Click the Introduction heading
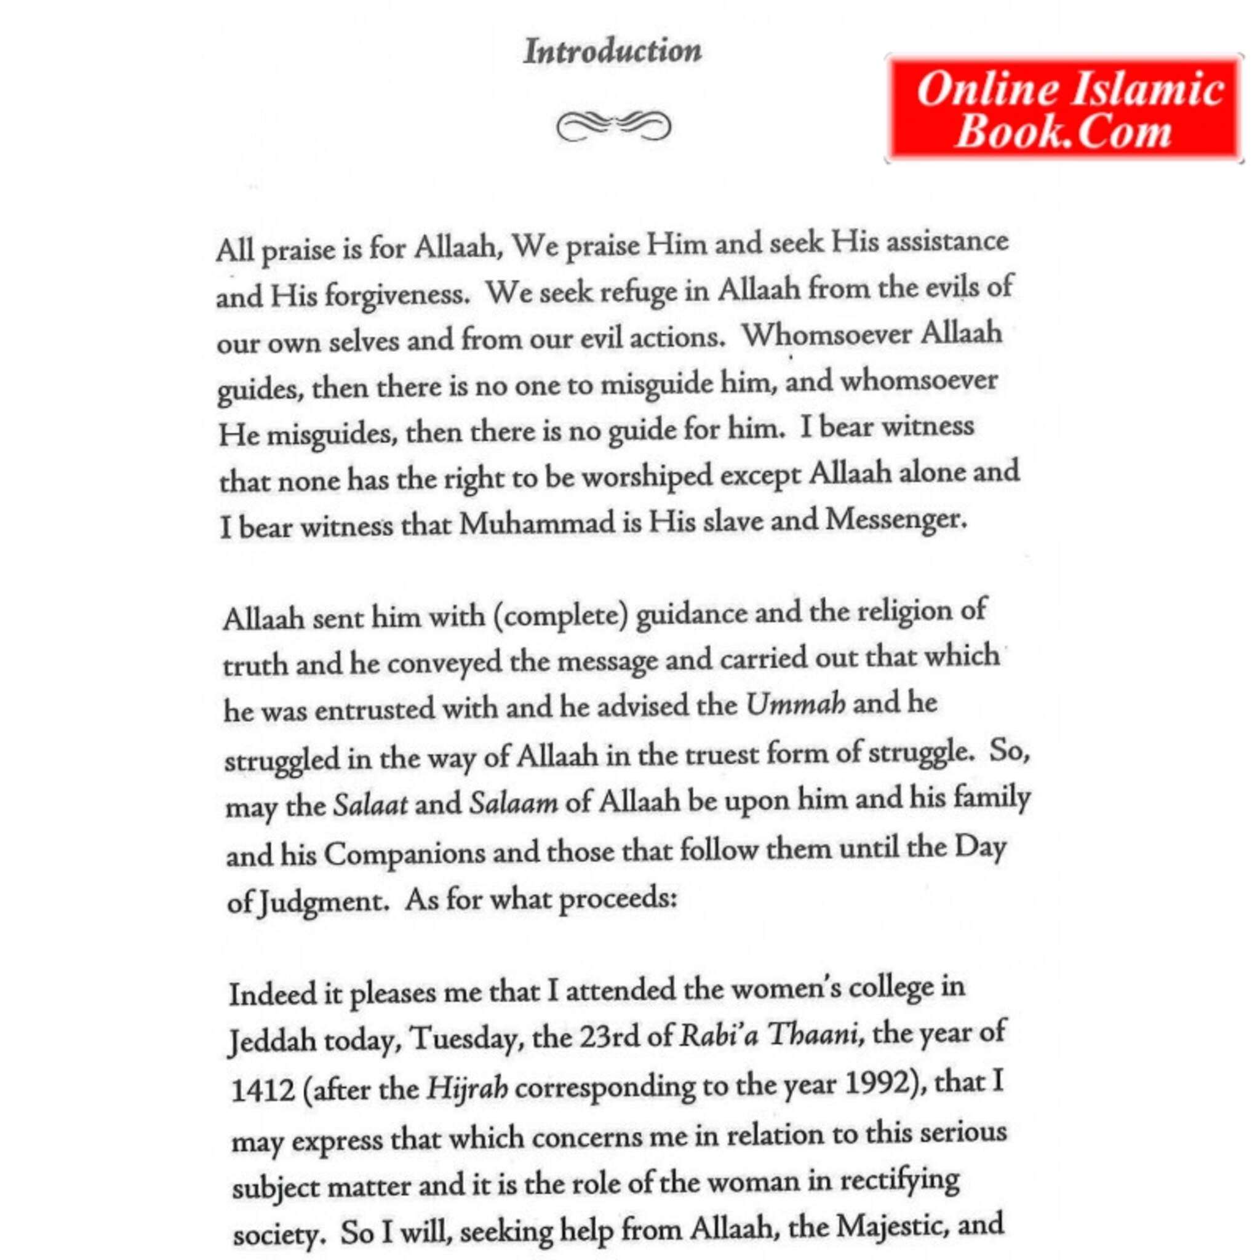612,51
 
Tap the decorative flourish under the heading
612,126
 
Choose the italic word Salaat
370,805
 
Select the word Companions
404,854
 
